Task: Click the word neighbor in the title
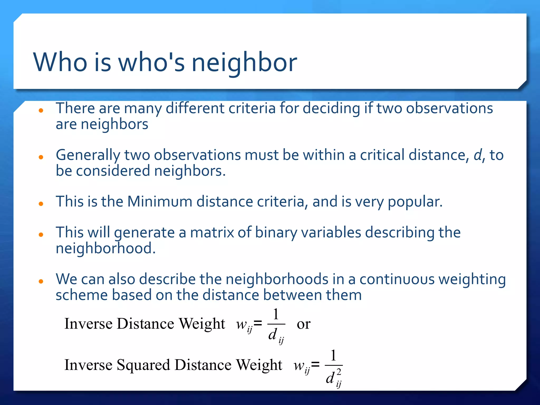click(244, 62)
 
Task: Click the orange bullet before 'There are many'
click(41, 110)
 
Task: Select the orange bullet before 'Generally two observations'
click(41, 157)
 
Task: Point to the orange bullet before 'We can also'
click(41, 282)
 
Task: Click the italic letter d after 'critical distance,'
click(478, 155)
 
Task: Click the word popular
click(415, 202)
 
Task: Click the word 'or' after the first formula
click(303, 324)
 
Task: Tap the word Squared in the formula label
click(143, 365)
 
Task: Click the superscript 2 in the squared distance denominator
click(339, 372)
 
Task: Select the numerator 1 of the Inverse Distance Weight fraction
click(276, 314)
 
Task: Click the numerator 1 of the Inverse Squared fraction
click(334, 355)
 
